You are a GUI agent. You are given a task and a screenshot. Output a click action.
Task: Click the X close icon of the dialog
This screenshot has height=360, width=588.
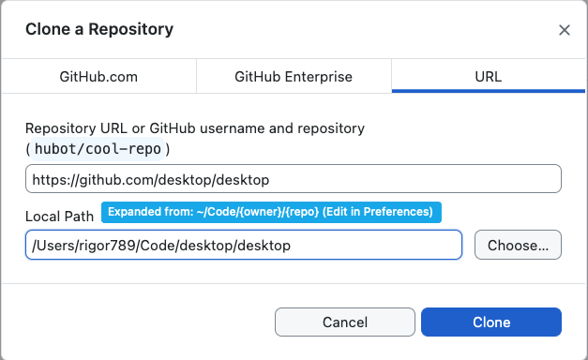565,30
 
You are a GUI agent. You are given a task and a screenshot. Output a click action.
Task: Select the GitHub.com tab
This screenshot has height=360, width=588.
98,77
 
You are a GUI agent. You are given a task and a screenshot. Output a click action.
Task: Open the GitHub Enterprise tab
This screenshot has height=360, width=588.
294,77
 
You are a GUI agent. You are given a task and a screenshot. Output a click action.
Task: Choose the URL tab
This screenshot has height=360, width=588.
489,77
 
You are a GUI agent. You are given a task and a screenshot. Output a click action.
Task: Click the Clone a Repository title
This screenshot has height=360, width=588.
99,29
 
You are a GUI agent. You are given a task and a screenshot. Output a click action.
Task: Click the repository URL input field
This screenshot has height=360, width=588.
293,179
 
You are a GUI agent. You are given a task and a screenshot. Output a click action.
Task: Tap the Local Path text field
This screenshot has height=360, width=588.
244,246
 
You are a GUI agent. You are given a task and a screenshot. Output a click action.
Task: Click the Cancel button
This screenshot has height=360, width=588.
344,322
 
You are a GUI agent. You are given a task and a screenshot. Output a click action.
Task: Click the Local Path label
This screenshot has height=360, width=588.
59,216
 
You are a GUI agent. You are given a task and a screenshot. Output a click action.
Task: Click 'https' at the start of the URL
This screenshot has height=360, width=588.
47,179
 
